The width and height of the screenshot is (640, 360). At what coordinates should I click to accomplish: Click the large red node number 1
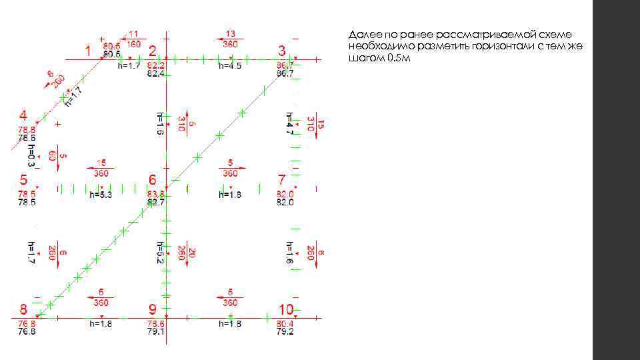click(x=87, y=51)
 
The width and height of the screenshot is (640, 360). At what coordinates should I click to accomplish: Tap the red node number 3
click(x=282, y=51)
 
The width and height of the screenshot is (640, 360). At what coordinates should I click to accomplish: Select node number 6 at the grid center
click(x=152, y=180)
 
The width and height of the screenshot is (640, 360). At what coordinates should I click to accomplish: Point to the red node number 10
click(x=286, y=309)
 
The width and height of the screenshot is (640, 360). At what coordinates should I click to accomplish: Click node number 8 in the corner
click(x=23, y=309)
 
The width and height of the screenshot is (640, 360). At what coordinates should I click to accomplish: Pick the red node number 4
click(x=23, y=115)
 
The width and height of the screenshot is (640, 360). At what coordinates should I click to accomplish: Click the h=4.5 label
click(x=230, y=65)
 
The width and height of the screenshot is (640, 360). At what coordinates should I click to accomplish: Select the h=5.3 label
click(x=101, y=195)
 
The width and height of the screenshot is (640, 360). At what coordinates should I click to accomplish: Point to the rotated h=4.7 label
click(x=289, y=123)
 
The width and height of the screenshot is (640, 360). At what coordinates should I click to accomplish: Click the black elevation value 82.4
click(x=156, y=73)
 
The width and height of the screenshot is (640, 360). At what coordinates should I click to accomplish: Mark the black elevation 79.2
click(x=285, y=331)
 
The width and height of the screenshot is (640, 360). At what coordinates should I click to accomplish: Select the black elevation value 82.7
click(x=156, y=201)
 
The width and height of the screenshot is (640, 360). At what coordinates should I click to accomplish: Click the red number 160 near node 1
click(x=133, y=44)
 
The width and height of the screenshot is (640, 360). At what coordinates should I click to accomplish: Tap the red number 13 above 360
click(x=230, y=33)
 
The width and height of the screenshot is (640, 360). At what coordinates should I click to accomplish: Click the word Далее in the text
click(x=362, y=35)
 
